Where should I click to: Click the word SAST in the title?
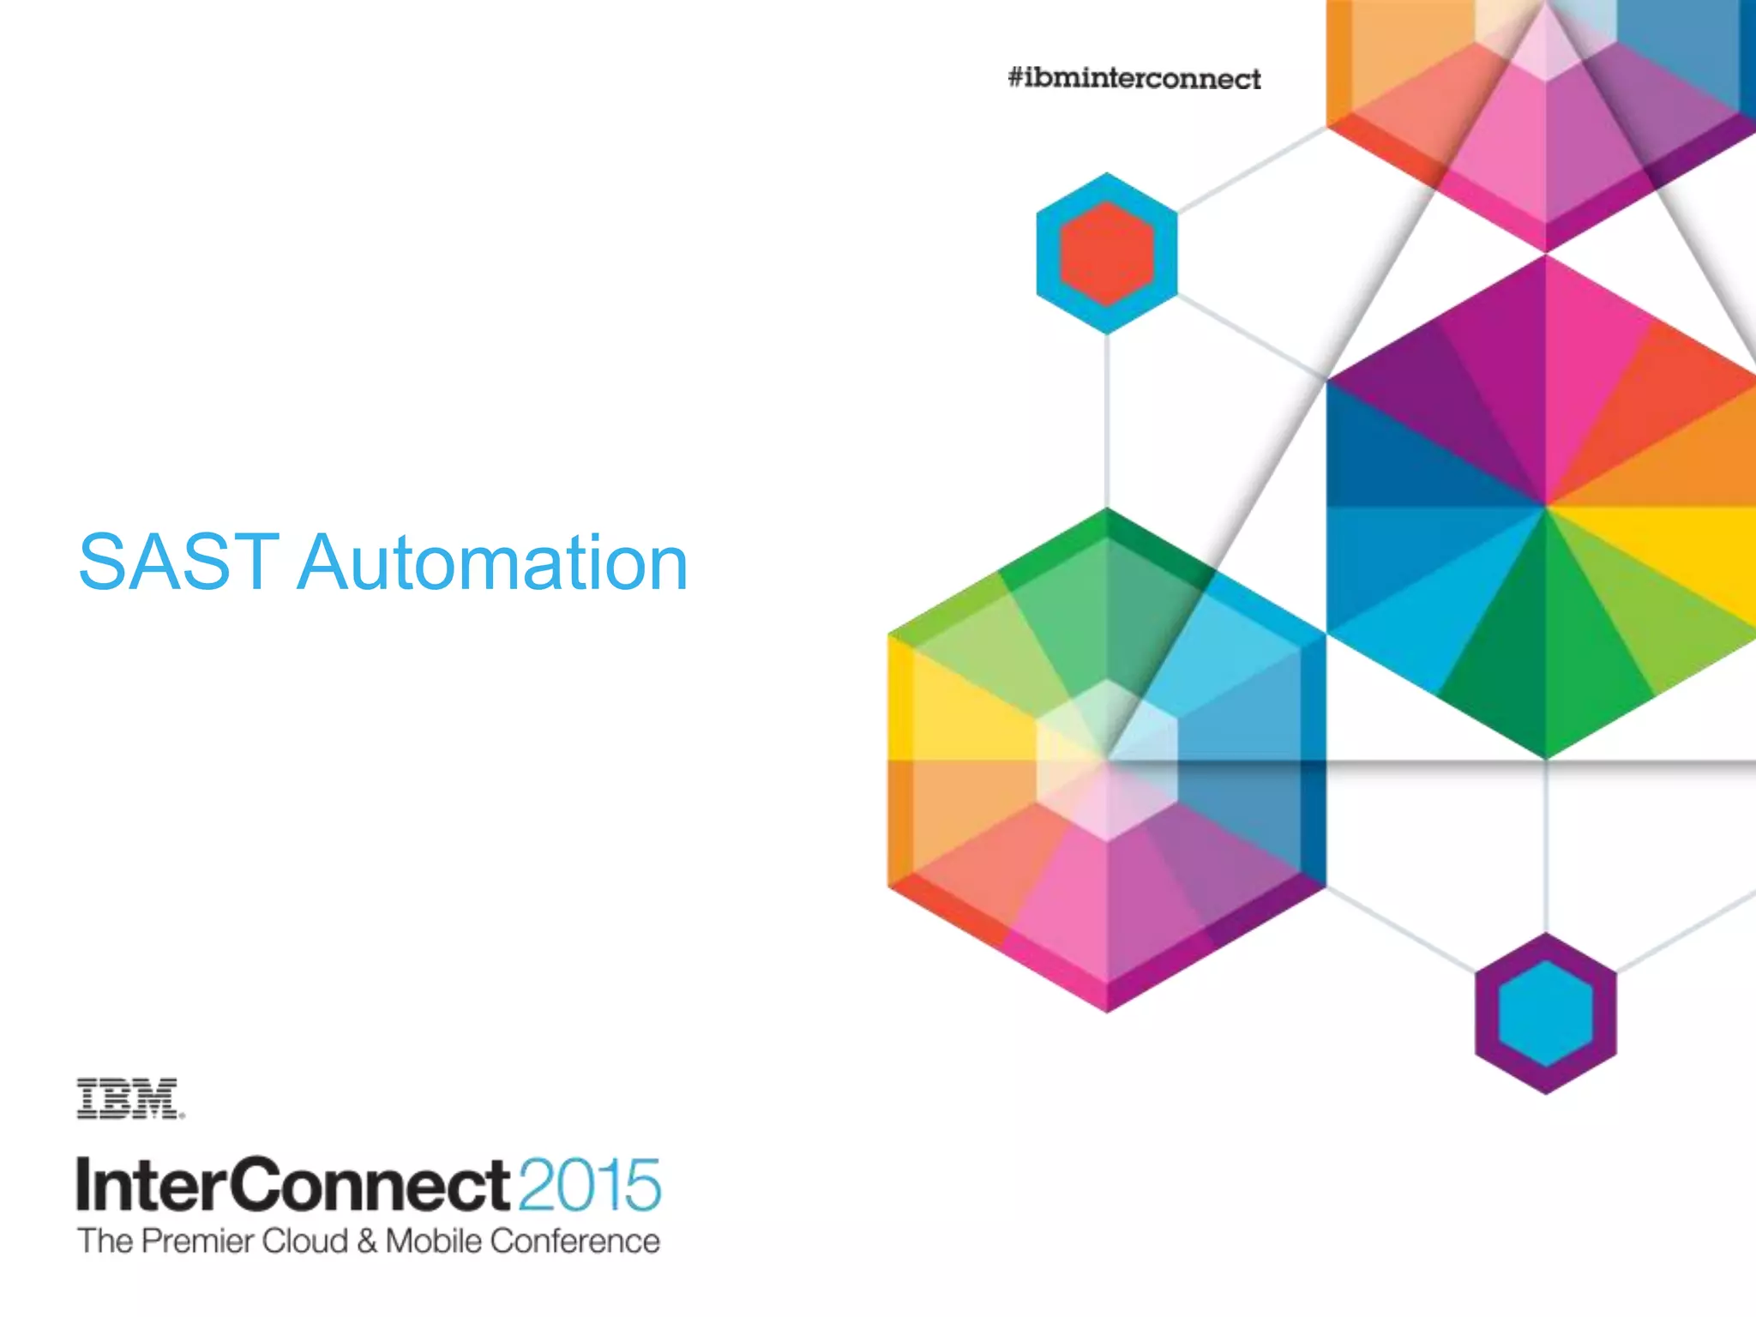pos(178,562)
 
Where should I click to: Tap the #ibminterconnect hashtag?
pos(1134,79)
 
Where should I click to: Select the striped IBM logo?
pos(129,1099)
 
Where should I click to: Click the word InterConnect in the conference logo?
pos(292,1184)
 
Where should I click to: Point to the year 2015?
pos(589,1185)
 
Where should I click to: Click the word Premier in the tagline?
pos(197,1242)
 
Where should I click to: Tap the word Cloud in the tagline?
pos(304,1242)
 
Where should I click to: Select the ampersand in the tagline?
pos(367,1242)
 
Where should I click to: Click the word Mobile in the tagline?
pos(433,1242)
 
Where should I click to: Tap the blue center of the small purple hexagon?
pos(1545,1013)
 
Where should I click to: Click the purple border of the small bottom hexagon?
pos(1488,1013)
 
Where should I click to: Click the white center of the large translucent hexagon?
pos(1106,760)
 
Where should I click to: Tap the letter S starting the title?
pos(102,562)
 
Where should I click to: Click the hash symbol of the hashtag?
pos(1016,79)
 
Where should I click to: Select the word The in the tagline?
pos(105,1242)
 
